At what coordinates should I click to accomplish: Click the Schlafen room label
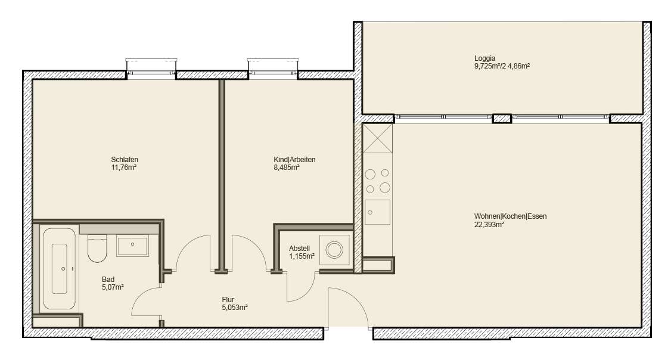click(x=125, y=159)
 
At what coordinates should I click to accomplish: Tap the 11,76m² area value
click(x=125, y=167)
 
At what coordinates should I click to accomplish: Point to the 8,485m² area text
click(x=286, y=167)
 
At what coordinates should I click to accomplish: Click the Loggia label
click(x=484, y=58)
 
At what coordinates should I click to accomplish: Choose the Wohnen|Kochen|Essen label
click(x=510, y=216)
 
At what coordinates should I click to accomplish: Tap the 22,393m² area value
click(x=489, y=225)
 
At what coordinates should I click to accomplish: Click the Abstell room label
click(x=300, y=248)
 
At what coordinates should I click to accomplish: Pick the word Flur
click(x=228, y=299)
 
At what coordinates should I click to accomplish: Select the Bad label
click(x=108, y=279)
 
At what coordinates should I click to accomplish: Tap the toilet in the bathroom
click(x=97, y=248)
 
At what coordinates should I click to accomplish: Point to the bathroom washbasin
click(x=133, y=246)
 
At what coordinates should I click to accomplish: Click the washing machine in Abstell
click(x=335, y=250)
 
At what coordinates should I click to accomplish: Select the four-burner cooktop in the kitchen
click(x=378, y=181)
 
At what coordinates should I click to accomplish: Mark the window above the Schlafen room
click(x=151, y=69)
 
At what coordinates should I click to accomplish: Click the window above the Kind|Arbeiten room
click(x=272, y=69)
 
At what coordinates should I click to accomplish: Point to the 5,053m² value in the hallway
click(x=234, y=308)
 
